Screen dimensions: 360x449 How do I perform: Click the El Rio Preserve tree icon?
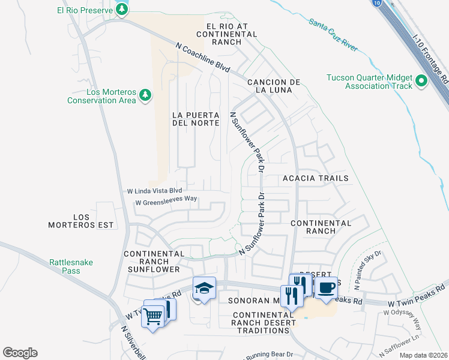coord(122,9)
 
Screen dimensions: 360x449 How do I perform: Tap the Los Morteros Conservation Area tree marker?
coord(145,95)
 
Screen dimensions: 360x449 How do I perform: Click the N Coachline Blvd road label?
coord(203,58)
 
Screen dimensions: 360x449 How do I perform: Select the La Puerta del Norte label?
coord(194,118)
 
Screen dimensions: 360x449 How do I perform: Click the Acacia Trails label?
coord(315,179)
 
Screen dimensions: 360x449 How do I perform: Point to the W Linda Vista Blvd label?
coord(154,191)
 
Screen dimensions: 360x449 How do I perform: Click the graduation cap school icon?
coord(204,287)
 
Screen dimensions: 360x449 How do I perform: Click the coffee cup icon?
coord(326,287)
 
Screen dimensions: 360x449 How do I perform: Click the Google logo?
coord(20,353)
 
